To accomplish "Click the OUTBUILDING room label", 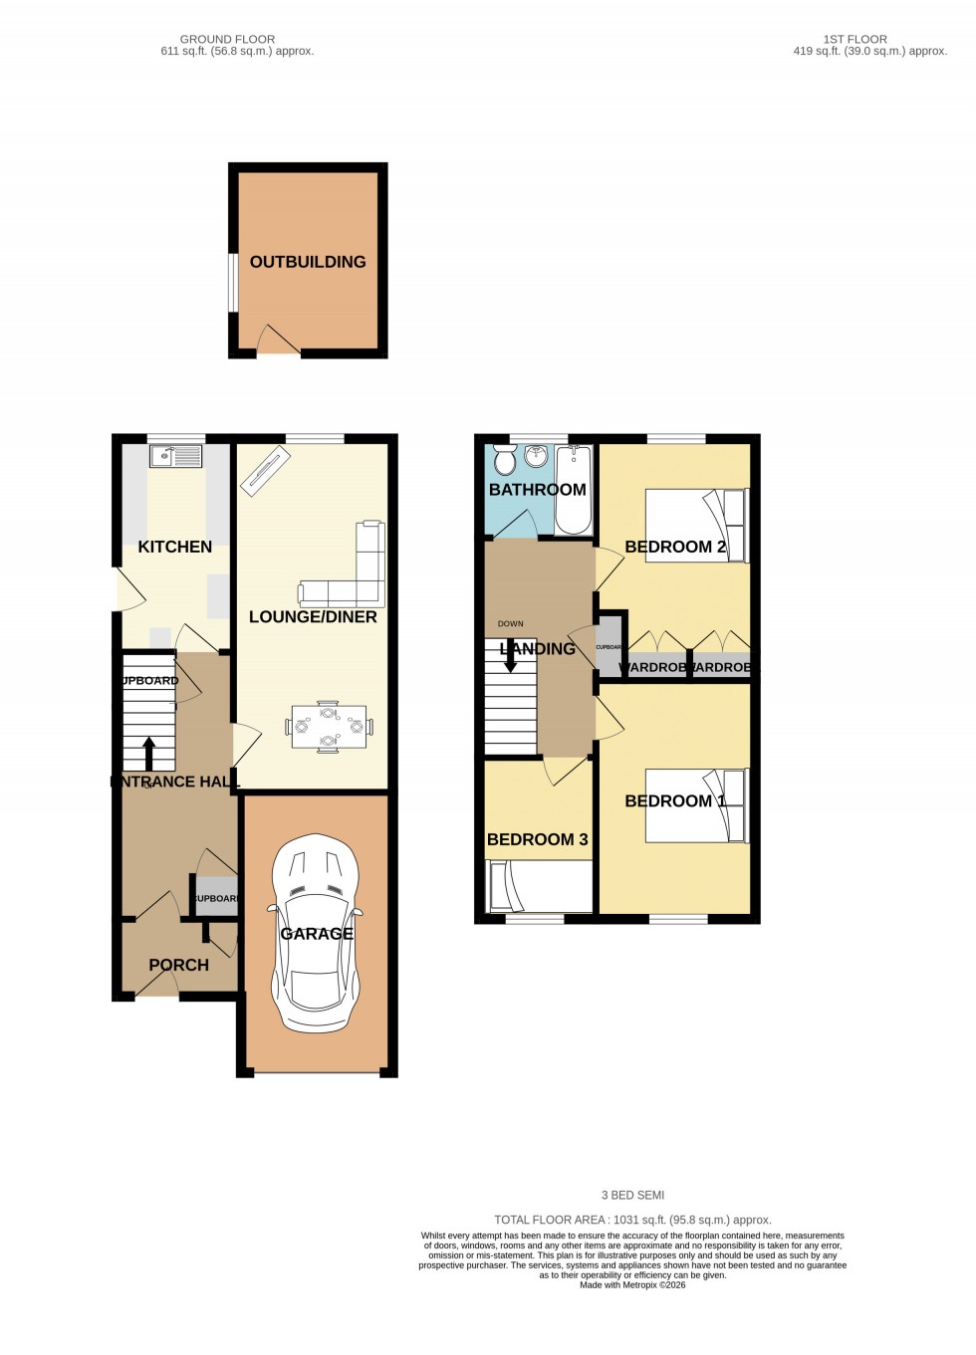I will (308, 262).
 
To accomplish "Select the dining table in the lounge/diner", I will (328, 727).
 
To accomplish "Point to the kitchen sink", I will (175, 457).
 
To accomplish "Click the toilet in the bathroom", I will (505, 460).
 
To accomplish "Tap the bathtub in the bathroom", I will (574, 489).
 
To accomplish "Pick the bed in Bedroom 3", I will (538, 886).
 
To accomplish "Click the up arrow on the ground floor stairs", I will (149, 753).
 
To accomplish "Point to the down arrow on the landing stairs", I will (511, 658).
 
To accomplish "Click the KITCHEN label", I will (175, 547).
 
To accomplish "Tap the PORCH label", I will (178, 965).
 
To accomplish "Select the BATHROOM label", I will (537, 490).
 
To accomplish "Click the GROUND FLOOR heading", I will (227, 40).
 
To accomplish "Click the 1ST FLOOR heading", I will (854, 40).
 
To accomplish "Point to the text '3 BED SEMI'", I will (632, 1195).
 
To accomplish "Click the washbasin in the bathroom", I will (537, 456).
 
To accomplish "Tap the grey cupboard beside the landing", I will (610, 647).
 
